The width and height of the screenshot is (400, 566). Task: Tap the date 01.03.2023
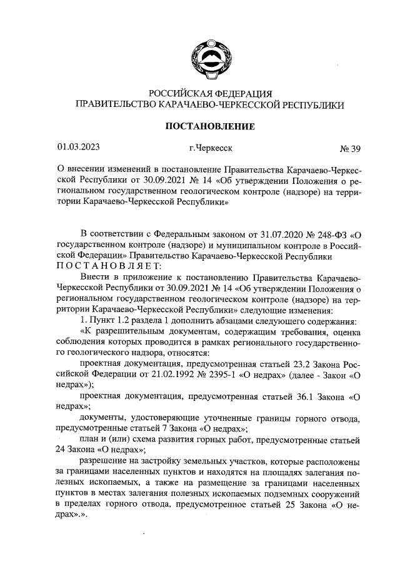[x=79, y=148]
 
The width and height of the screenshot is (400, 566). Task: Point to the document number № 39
[x=350, y=149]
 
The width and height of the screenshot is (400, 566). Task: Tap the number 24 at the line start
[x=62, y=450]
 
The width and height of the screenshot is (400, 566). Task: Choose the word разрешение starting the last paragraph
[x=106, y=462]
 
